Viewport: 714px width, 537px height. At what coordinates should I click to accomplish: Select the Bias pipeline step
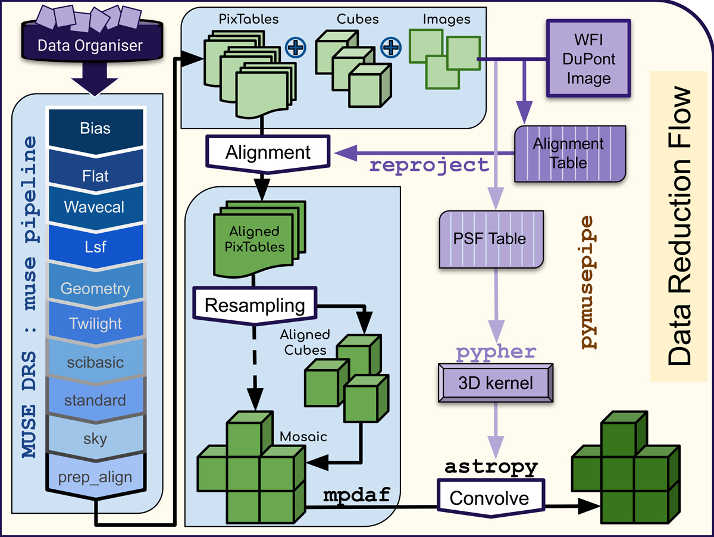(95, 129)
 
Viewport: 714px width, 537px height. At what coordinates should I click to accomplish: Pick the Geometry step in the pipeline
(95, 289)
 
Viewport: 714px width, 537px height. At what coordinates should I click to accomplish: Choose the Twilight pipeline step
(95, 324)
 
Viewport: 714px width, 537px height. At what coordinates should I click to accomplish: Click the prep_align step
(95, 476)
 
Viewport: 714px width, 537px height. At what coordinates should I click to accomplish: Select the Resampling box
(255, 305)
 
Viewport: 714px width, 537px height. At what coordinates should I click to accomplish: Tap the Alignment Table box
(568, 154)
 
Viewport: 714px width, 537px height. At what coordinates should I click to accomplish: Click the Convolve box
(489, 498)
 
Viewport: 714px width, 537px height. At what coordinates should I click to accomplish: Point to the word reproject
(430, 165)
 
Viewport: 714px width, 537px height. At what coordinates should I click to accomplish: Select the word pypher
(496, 352)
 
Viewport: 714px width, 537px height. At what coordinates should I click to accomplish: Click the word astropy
(491, 467)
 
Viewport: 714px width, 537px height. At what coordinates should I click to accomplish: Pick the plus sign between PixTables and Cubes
(295, 46)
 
